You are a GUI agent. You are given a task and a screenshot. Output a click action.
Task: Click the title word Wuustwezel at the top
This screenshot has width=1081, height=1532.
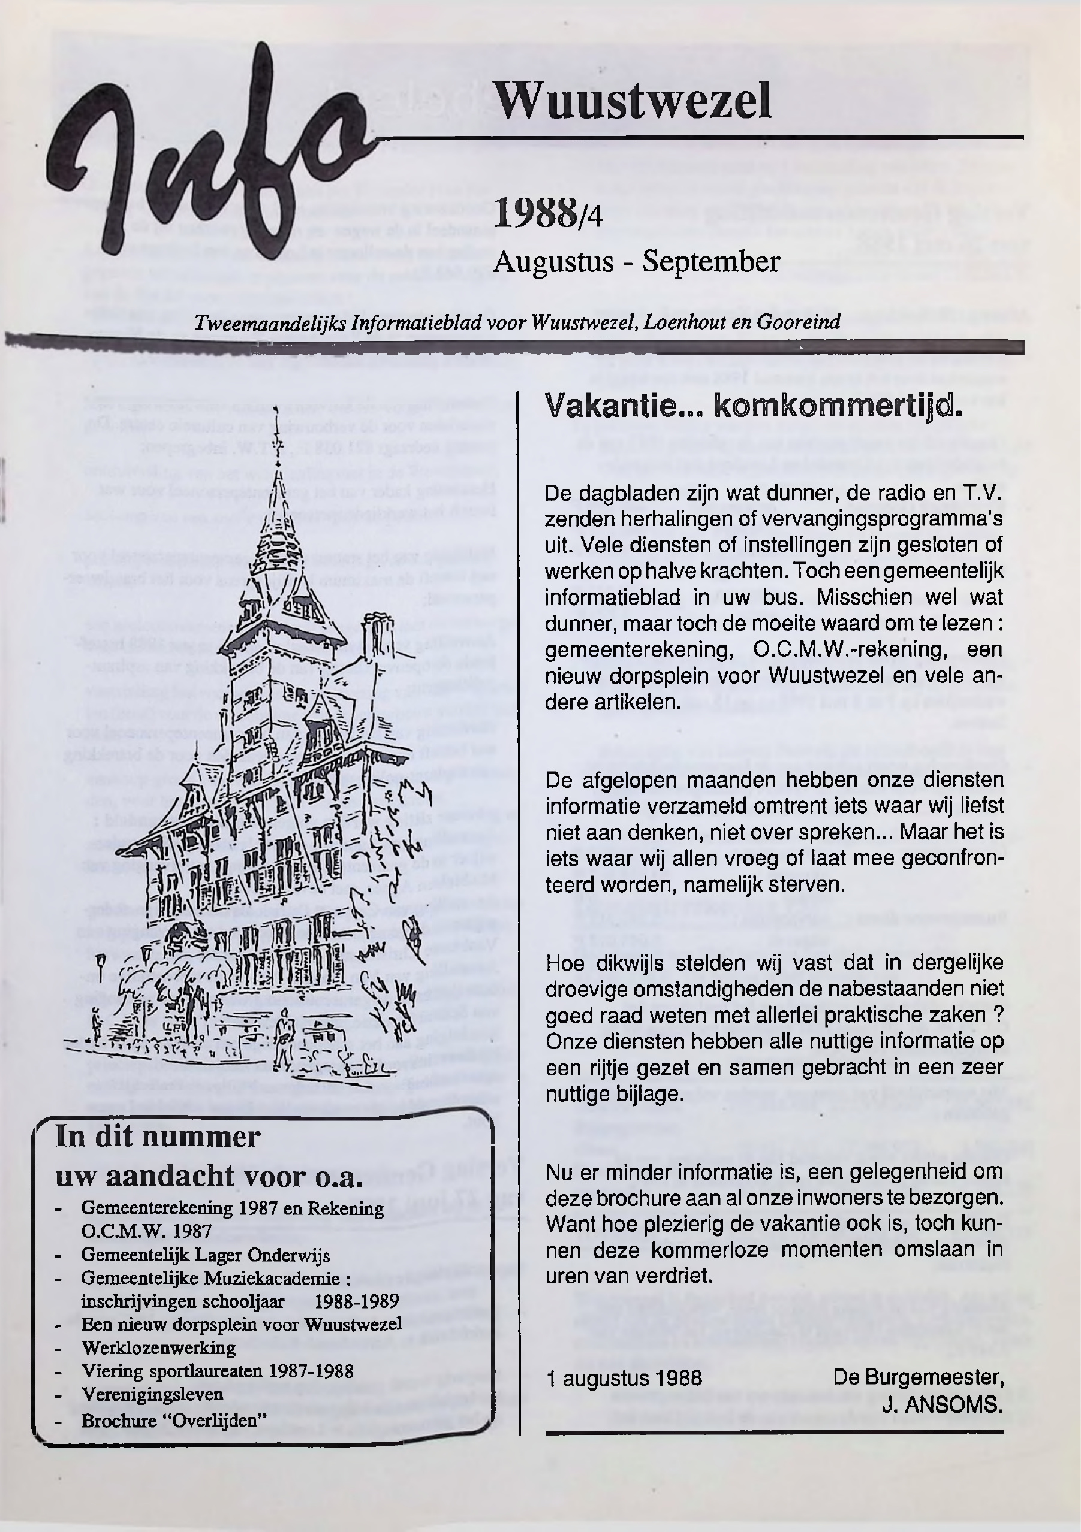pyautogui.click(x=633, y=101)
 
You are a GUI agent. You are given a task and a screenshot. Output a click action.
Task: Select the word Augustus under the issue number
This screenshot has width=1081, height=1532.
pyautogui.click(x=553, y=262)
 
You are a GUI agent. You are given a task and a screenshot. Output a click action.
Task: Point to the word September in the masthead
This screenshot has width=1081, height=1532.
pyautogui.click(x=710, y=262)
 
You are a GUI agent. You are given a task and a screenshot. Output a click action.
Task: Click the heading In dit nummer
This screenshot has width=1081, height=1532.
pyautogui.click(x=158, y=1137)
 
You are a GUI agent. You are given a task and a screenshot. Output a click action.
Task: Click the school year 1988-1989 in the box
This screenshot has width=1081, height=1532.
pyautogui.click(x=357, y=1301)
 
